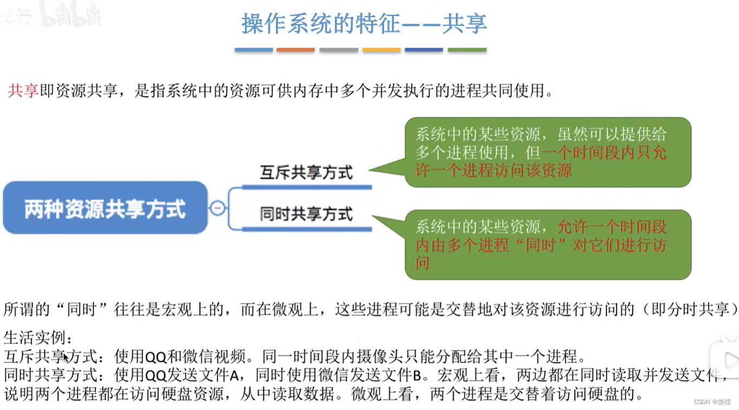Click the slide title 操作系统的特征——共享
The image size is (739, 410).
364,24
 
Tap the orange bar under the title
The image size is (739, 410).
296,50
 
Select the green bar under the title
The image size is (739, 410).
467,50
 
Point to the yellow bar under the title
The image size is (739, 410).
381,50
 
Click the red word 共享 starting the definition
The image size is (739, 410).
23,91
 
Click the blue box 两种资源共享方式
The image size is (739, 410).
105,208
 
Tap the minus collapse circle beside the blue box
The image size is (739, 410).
218,208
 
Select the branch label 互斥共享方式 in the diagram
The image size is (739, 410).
306,173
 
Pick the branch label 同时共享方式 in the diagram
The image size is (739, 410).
306,214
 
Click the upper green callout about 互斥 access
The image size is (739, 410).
547,152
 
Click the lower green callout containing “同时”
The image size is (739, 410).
547,244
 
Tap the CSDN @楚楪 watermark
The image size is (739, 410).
712,402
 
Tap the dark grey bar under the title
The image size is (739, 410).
338,50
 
